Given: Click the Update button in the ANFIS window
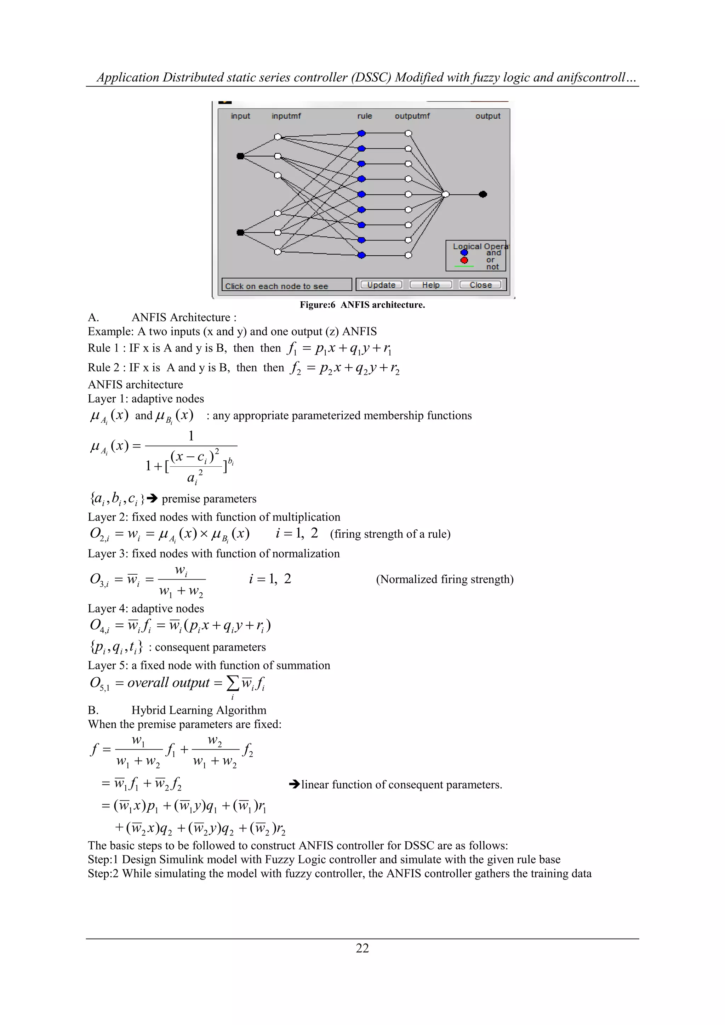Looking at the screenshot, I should point(381,285).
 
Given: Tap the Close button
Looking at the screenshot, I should point(480,285).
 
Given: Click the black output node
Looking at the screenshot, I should point(483,194).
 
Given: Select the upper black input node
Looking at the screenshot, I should point(240,156).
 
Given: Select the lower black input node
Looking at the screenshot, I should point(240,232).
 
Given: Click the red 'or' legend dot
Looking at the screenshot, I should point(464,260).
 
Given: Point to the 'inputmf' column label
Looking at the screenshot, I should point(286,116).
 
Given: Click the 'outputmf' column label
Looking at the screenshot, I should point(412,116).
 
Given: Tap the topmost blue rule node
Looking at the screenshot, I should point(361,133).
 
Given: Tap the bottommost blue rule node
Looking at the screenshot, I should point(361,255).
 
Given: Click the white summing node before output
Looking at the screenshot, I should point(446,194).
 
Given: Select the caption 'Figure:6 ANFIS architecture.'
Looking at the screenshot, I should point(362,305).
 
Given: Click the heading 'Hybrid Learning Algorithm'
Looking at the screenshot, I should point(199,710).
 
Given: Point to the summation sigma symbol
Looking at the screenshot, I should point(233,683).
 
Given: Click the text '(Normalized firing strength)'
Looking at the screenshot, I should point(445,580).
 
